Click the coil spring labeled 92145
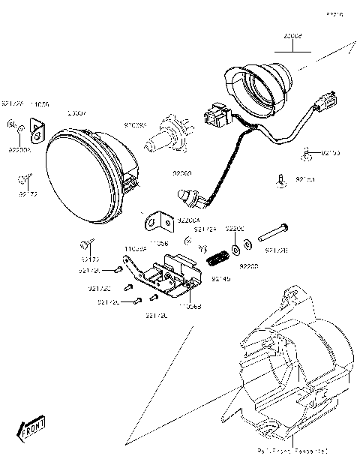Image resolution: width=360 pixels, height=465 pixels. (218, 257)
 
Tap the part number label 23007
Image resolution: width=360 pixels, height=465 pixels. (76, 113)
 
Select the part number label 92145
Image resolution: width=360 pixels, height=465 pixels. (220, 279)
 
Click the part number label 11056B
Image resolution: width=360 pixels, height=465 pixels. (190, 306)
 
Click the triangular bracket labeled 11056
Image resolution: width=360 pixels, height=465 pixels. (36, 132)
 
